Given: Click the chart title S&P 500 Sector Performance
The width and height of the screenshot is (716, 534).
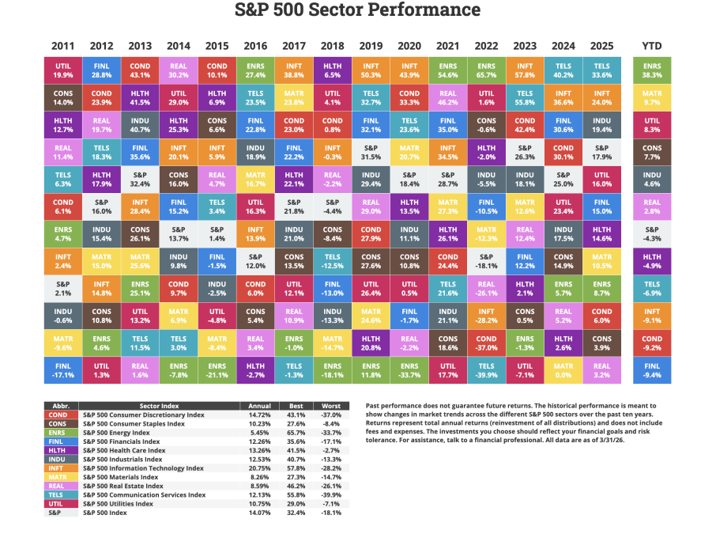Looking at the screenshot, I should point(358,10).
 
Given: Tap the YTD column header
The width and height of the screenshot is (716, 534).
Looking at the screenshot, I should point(652,45).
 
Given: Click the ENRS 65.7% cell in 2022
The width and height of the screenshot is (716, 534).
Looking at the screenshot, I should point(487,70).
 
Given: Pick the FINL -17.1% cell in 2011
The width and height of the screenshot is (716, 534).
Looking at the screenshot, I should point(62,369).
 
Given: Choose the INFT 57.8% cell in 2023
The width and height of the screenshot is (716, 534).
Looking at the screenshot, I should point(526,70).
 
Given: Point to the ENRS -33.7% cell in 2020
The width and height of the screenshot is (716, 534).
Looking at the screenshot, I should point(409,369).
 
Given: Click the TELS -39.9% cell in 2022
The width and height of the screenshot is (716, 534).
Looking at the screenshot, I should point(487,369).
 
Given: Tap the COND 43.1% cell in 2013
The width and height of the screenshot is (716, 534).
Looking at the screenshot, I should point(140,70).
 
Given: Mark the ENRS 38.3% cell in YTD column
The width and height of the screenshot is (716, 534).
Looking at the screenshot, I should point(652,70).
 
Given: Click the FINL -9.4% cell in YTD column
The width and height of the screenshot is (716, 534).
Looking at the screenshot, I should point(652,369).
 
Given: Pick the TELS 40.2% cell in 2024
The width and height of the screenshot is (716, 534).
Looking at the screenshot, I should point(563,70).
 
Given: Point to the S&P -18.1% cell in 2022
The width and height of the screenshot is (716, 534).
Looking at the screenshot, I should point(487,260).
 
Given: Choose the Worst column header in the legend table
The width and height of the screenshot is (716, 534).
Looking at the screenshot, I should point(331,406).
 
